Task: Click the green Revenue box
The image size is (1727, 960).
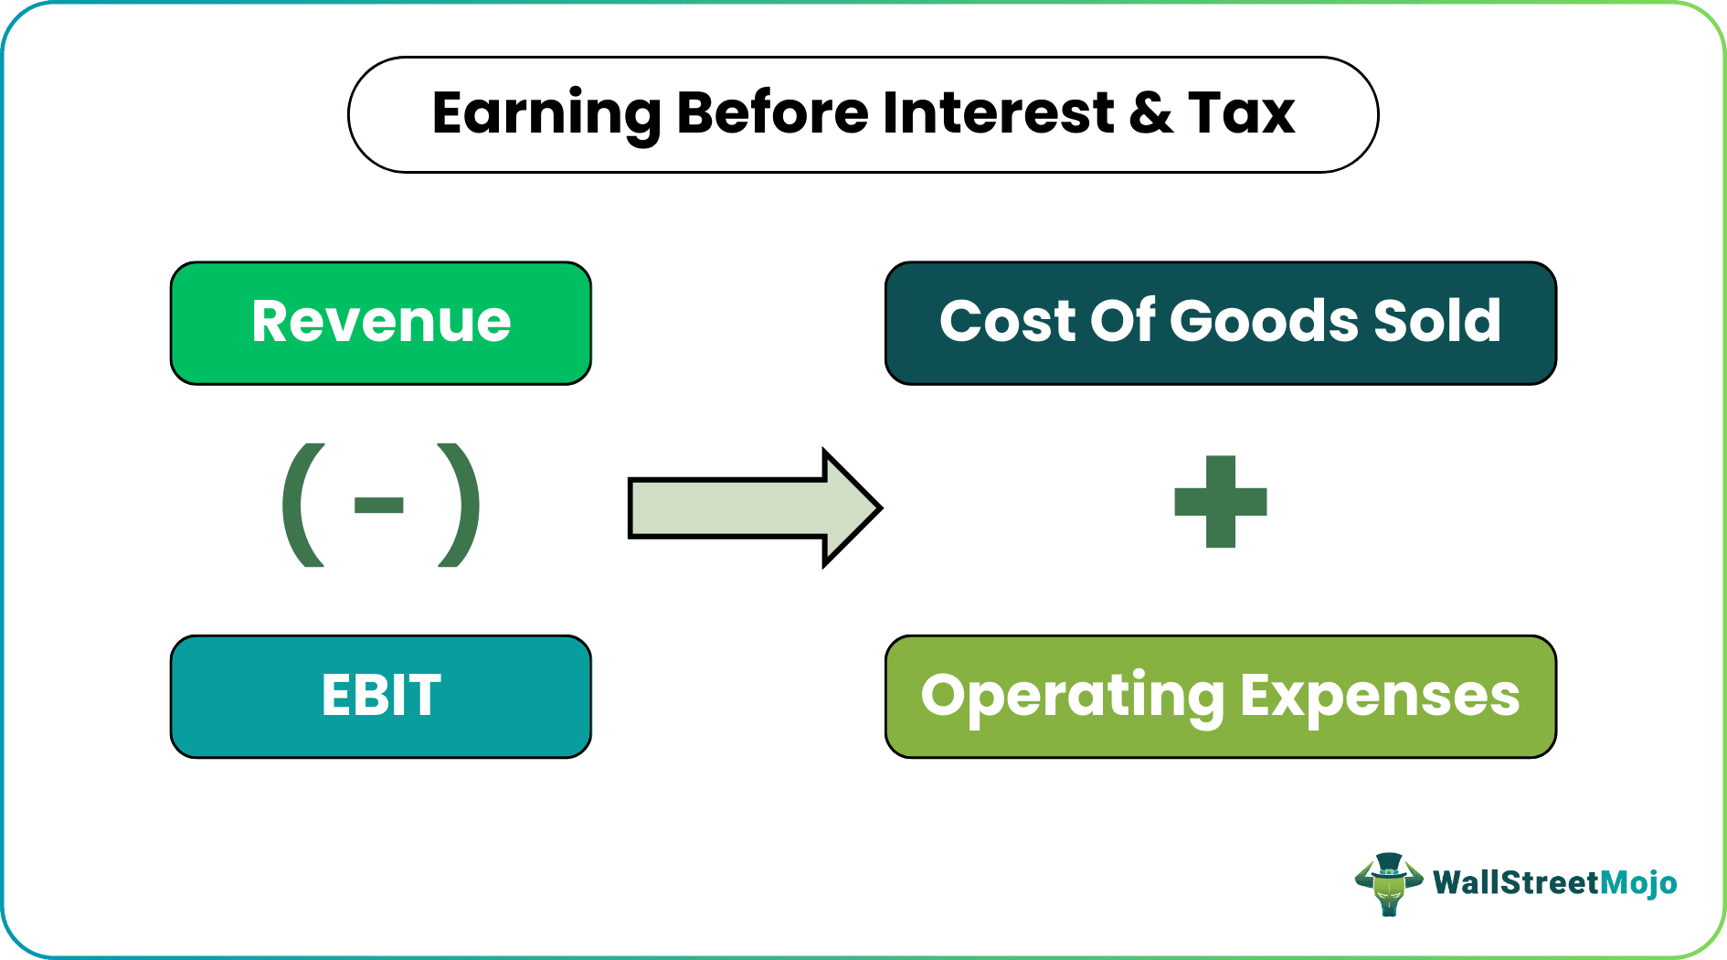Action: tap(380, 323)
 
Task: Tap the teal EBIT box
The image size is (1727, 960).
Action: tap(380, 696)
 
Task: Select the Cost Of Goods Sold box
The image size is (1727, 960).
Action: tap(1220, 323)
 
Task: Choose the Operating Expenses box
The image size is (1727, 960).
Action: tap(1220, 696)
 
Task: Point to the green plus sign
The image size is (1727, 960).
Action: tap(1221, 502)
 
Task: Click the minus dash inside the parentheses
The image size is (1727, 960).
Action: tap(379, 506)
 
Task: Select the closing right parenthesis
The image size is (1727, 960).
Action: tap(459, 506)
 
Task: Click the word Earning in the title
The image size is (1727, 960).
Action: tap(546, 114)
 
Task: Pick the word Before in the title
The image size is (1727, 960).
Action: tap(772, 114)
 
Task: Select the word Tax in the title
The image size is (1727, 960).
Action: tap(1242, 114)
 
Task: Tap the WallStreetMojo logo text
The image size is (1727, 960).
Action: tap(1554, 883)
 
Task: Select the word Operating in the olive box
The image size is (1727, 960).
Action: tap(1073, 697)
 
